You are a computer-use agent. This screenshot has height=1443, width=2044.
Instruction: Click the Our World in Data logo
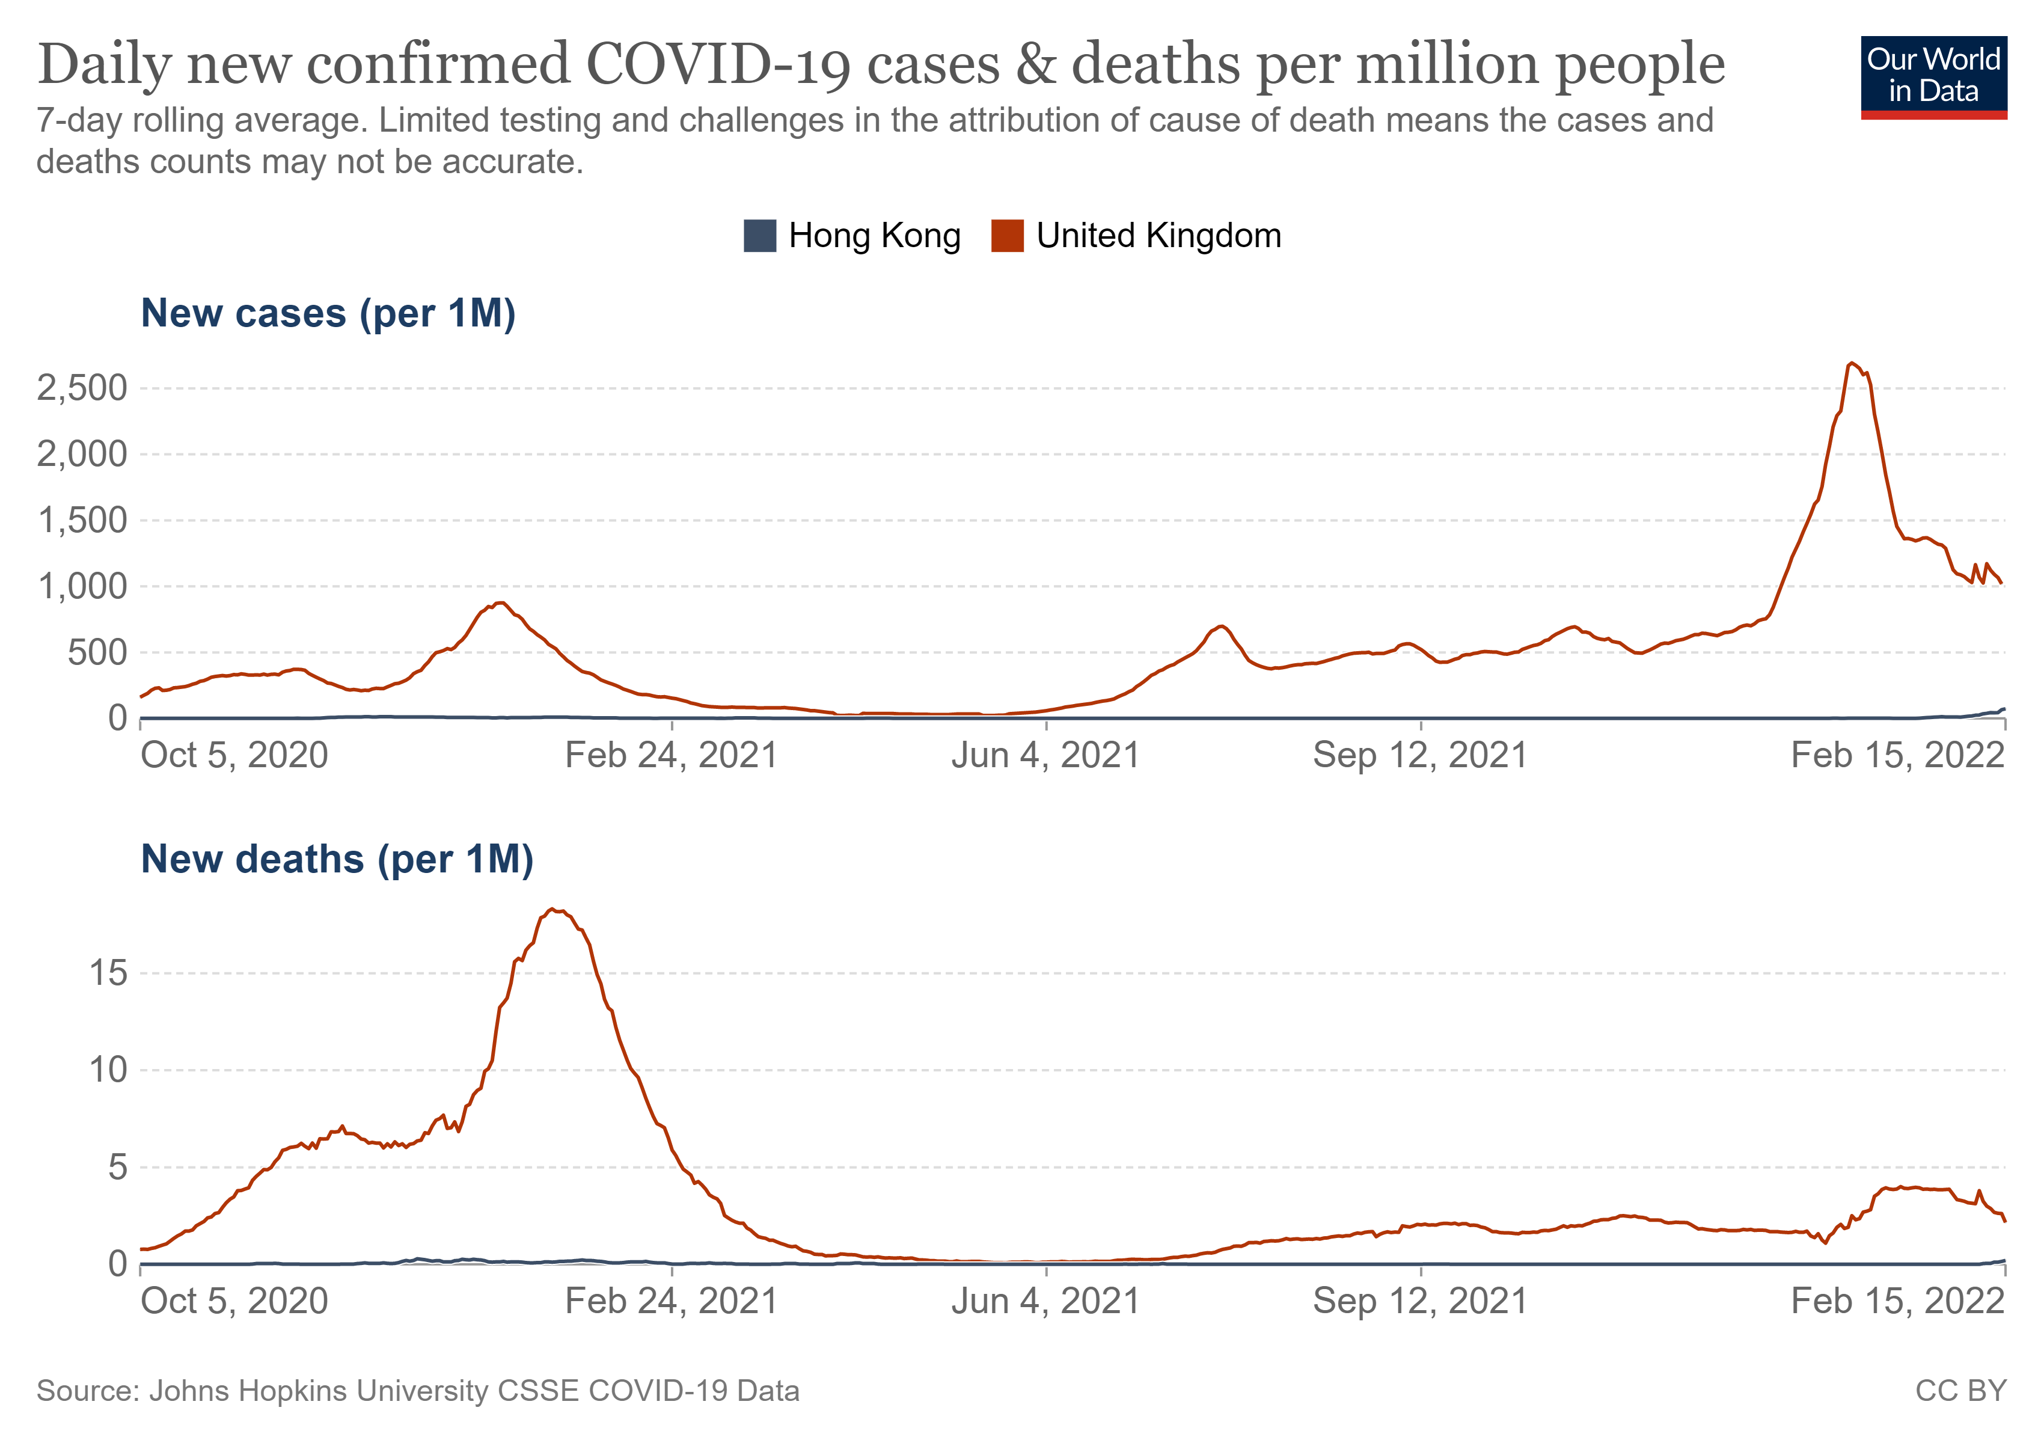[x=1933, y=76]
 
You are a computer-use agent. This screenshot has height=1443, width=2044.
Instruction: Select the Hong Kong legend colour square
[x=759, y=236]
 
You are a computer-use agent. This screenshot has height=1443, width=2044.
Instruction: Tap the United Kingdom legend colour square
[x=1007, y=236]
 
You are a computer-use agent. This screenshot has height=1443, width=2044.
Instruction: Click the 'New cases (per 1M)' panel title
[x=328, y=313]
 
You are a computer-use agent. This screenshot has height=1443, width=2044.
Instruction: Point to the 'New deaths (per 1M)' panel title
[x=337, y=859]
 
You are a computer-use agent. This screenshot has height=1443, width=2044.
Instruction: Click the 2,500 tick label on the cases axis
[x=82, y=388]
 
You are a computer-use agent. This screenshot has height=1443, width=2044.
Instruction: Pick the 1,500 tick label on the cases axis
[x=82, y=520]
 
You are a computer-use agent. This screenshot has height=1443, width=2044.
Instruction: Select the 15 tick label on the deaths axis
[x=108, y=972]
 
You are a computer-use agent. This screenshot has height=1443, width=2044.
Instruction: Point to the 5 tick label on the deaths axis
[x=117, y=1166]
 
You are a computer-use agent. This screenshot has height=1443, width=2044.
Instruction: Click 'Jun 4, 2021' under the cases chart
[x=1045, y=756]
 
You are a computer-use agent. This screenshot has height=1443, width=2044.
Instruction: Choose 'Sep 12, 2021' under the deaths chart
[x=1420, y=1302]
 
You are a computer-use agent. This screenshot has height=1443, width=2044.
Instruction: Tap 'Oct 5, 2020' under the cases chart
[x=234, y=756]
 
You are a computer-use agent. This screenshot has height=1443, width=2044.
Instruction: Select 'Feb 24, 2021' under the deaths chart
[x=672, y=1302]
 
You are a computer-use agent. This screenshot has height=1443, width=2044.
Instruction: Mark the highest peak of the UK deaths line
[x=553, y=909]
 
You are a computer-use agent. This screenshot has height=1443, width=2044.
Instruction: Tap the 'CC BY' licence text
[x=1960, y=1391]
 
